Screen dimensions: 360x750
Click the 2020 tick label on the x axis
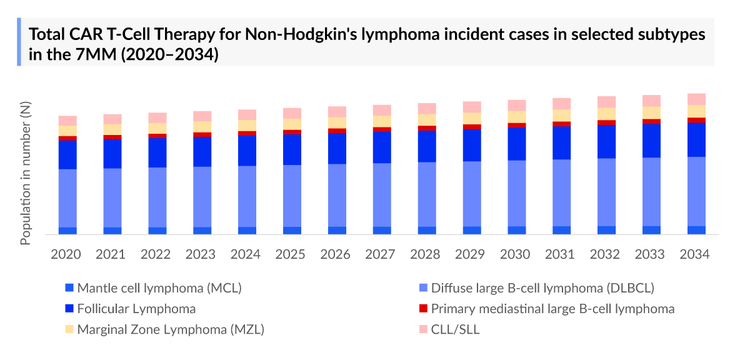pos(66,254)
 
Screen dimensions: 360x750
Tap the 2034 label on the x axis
pos(696,254)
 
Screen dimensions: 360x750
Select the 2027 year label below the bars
pos(381,254)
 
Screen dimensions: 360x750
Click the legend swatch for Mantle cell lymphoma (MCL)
pos(69,288)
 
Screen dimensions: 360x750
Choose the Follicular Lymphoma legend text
pos(136,309)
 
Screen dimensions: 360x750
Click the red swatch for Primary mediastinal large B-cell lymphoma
pos(423,309)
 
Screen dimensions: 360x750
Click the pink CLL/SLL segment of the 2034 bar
pos(696,99)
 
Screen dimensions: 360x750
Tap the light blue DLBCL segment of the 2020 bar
pos(67,197)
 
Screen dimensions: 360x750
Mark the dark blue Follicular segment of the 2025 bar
pos(292,149)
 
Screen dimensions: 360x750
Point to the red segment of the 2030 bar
pos(516,125)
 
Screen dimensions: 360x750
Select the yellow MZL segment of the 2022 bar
pos(157,128)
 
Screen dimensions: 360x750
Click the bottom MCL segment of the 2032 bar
pos(606,230)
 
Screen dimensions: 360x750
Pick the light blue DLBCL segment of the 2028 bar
pos(427,194)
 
